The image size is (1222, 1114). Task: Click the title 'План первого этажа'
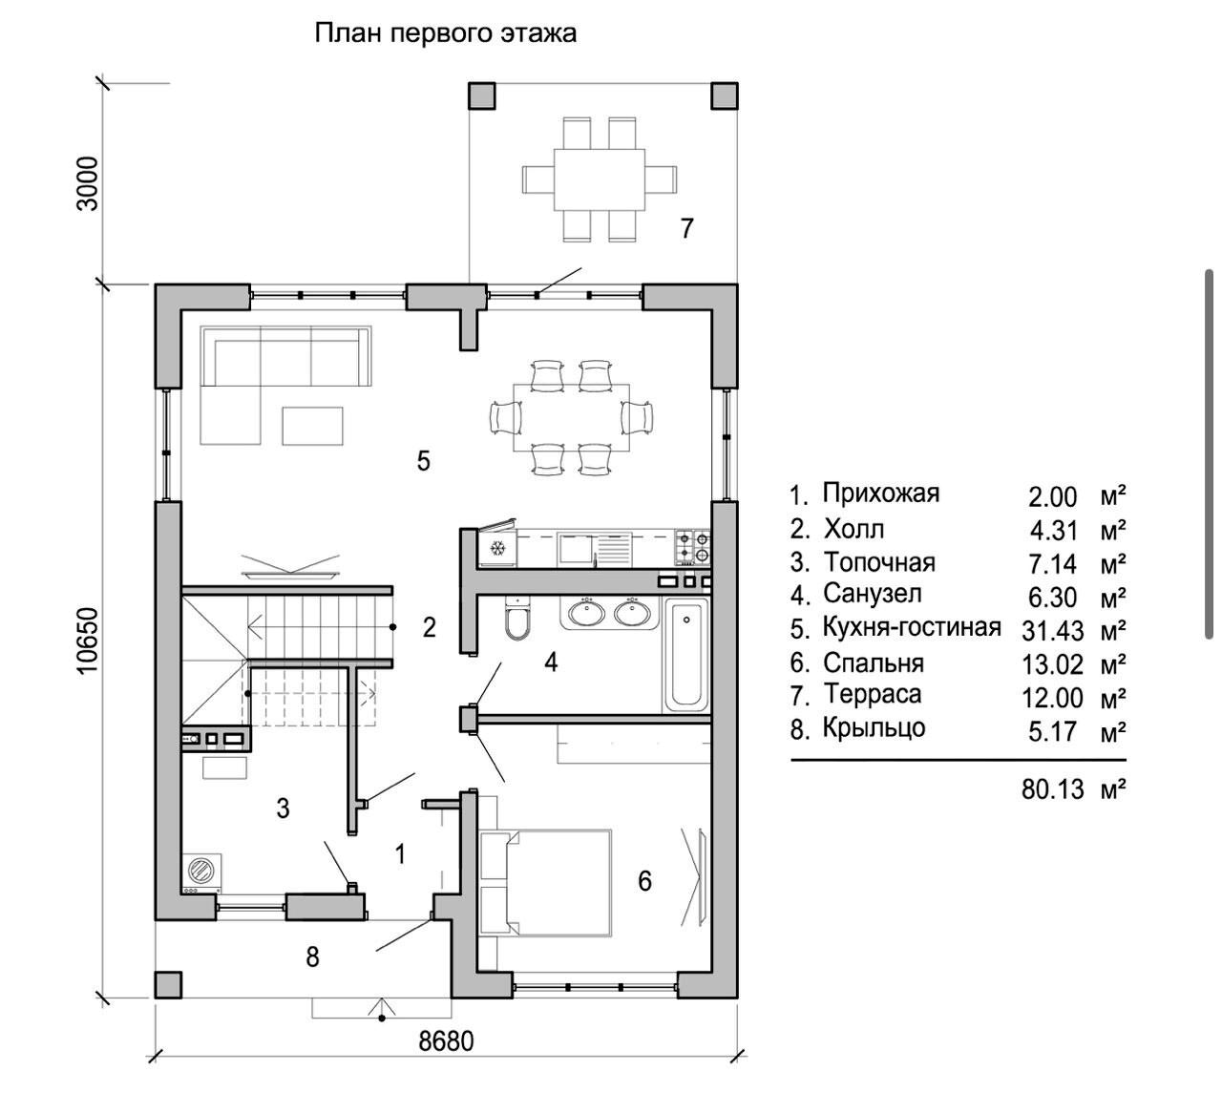pyautogui.click(x=446, y=33)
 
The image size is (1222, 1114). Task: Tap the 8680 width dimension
pyautogui.click(x=446, y=1040)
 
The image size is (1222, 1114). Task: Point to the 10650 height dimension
pyautogui.click(x=88, y=641)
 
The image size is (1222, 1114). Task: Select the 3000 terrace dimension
pyautogui.click(x=88, y=183)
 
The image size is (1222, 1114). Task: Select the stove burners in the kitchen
pyautogui.click(x=693, y=546)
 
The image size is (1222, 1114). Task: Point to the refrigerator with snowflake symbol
pyautogui.click(x=496, y=548)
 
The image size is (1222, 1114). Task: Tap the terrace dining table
pyautogui.click(x=600, y=179)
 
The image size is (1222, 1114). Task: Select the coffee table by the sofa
pyautogui.click(x=312, y=425)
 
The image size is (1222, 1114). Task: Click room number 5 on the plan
pyautogui.click(x=423, y=461)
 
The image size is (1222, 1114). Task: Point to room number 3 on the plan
pyautogui.click(x=283, y=809)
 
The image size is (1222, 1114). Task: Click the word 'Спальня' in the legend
pyautogui.click(x=874, y=662)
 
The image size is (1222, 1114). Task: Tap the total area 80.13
pyautogui.click(x=1053, y=789)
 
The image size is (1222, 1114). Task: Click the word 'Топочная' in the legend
pyautogui.click(x=879, y=562)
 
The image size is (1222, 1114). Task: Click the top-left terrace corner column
pyautogui.click(x=482, y=95)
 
